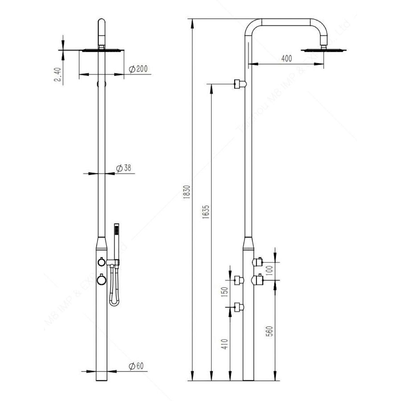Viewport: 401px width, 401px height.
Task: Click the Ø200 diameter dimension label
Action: pos(138,69)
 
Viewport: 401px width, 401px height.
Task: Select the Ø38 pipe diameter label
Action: pos(124,168)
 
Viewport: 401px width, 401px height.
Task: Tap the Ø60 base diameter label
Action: pos(136,366)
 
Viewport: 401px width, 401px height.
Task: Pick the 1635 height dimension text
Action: pos(207,213)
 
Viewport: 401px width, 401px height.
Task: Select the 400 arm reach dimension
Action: pos(286,58)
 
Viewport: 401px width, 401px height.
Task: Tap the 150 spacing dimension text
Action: pos(224,293)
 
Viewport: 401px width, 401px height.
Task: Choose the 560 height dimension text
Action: pos(270,332)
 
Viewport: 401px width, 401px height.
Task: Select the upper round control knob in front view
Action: pos(101,262)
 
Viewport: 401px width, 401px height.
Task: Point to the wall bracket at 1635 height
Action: pos(240,84)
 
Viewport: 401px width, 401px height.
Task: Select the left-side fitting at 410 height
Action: pos(239,307)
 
